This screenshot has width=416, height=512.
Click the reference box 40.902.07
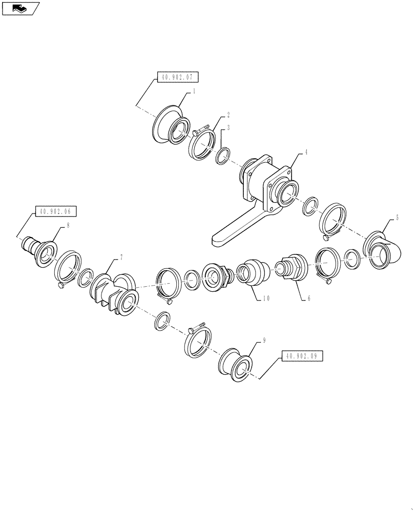pos(176,78)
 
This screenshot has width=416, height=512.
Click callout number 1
pos(195,92)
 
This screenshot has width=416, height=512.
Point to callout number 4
pos(306,152)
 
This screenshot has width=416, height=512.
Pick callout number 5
pos(397,218)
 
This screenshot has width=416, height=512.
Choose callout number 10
pos(266,298)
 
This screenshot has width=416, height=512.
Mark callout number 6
pos(309,298)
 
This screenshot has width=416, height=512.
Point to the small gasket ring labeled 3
pos(222,156)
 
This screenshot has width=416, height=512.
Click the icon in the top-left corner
pos(20,7)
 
